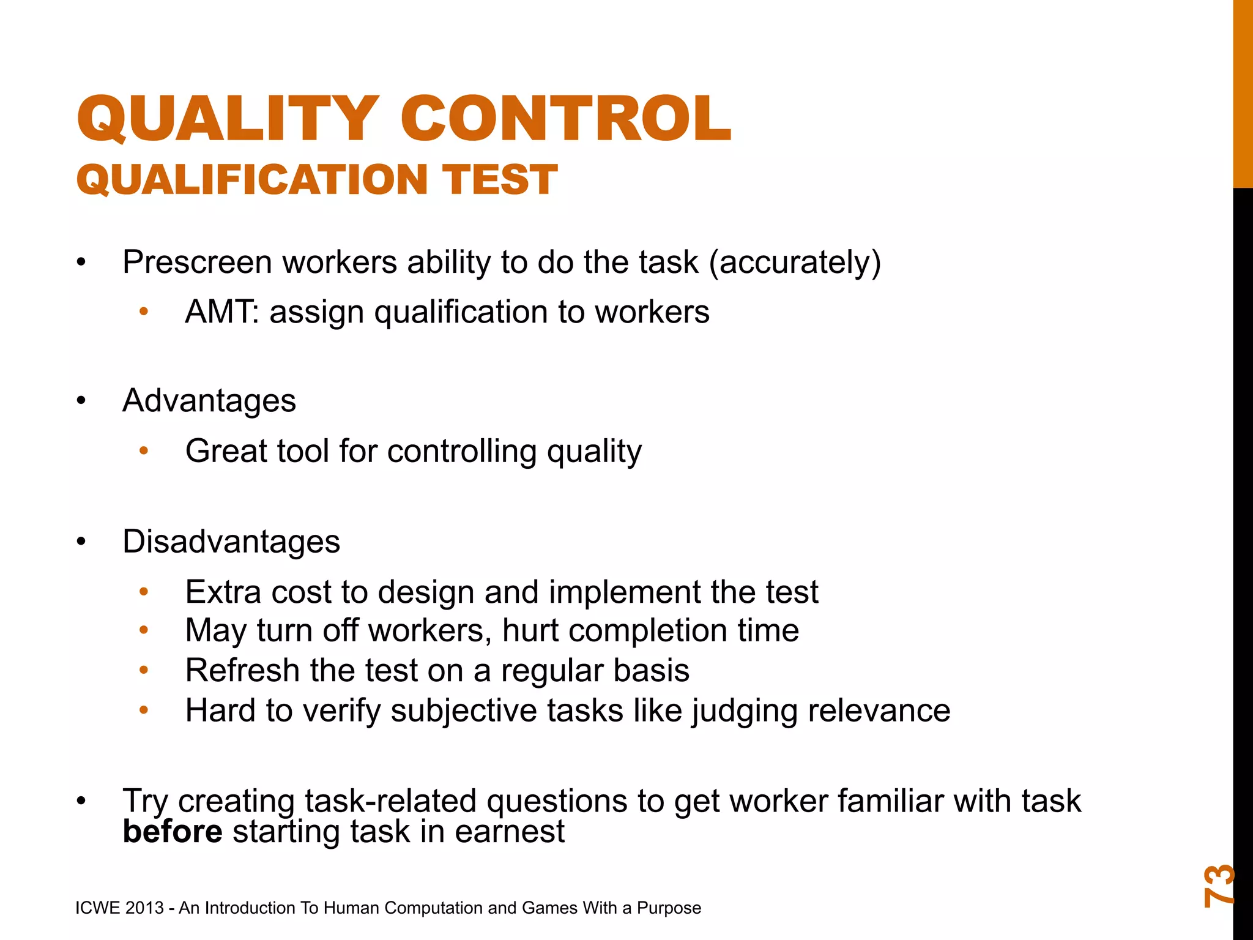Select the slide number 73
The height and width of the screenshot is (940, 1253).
(x=1219, y=885)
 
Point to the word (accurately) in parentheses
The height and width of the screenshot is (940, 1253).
(x=795, y=263)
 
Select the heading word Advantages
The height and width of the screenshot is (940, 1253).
(x=209, y=401)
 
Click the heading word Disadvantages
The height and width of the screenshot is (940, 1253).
(x=231, y=542)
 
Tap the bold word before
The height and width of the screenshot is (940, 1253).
(x=173, y=832)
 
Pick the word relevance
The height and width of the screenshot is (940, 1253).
(x=879, y=711)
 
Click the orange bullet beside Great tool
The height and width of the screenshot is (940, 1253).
(x=144, y=452)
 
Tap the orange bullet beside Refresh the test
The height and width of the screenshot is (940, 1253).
(x=144, y=671)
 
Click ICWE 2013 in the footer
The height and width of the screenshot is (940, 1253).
(x=120, y=908)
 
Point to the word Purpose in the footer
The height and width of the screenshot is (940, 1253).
(x=669, y=908)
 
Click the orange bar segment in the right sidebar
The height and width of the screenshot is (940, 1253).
(x=1243, y=92)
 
